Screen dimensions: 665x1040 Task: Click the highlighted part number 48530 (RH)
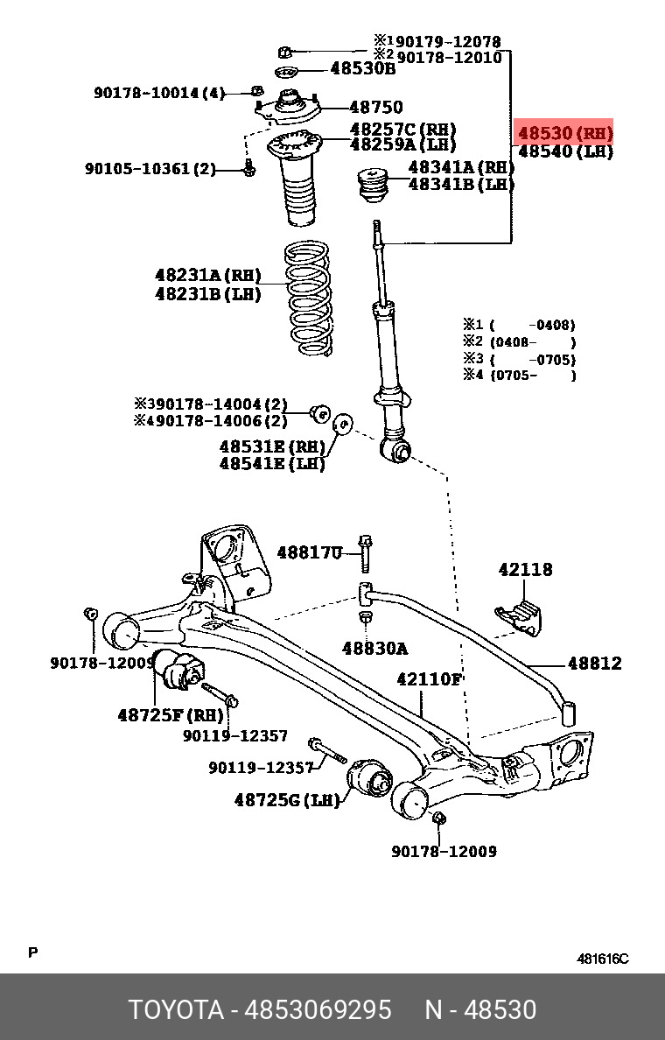coord(565,133)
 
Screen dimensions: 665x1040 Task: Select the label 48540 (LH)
coord(565,151)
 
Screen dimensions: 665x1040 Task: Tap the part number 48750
coord(376,107)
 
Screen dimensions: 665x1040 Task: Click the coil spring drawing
coord(308,299)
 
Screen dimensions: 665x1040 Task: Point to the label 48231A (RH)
coord(208,275)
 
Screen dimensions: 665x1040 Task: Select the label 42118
coord(525,569)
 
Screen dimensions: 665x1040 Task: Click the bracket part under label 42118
coord(519,617)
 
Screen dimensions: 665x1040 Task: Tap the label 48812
coord(595,663)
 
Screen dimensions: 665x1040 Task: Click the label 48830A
coord(374,648)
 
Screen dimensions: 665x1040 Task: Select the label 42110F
coord(429,678)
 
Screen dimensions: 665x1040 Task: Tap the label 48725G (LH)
coord(286,799)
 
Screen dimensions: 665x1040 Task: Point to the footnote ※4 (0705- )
coord(520,376)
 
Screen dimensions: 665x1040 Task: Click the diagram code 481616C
coord(603,959)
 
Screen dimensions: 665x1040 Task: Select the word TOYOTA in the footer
coord(176,1009)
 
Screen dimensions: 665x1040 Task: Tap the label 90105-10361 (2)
coord(150,168)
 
